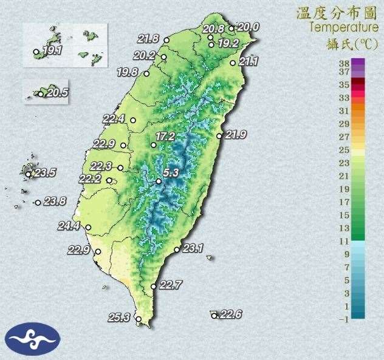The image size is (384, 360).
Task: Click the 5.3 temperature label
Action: click(171, 173)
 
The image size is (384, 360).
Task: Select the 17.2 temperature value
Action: click(165, 137)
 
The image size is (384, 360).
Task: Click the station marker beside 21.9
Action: click(220, 136)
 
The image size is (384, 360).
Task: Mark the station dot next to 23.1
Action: click(177, 250)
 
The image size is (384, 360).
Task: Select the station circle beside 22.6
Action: click(214, 316)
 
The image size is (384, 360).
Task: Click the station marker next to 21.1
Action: click(233, 62)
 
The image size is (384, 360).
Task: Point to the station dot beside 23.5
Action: click(28, 174)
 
